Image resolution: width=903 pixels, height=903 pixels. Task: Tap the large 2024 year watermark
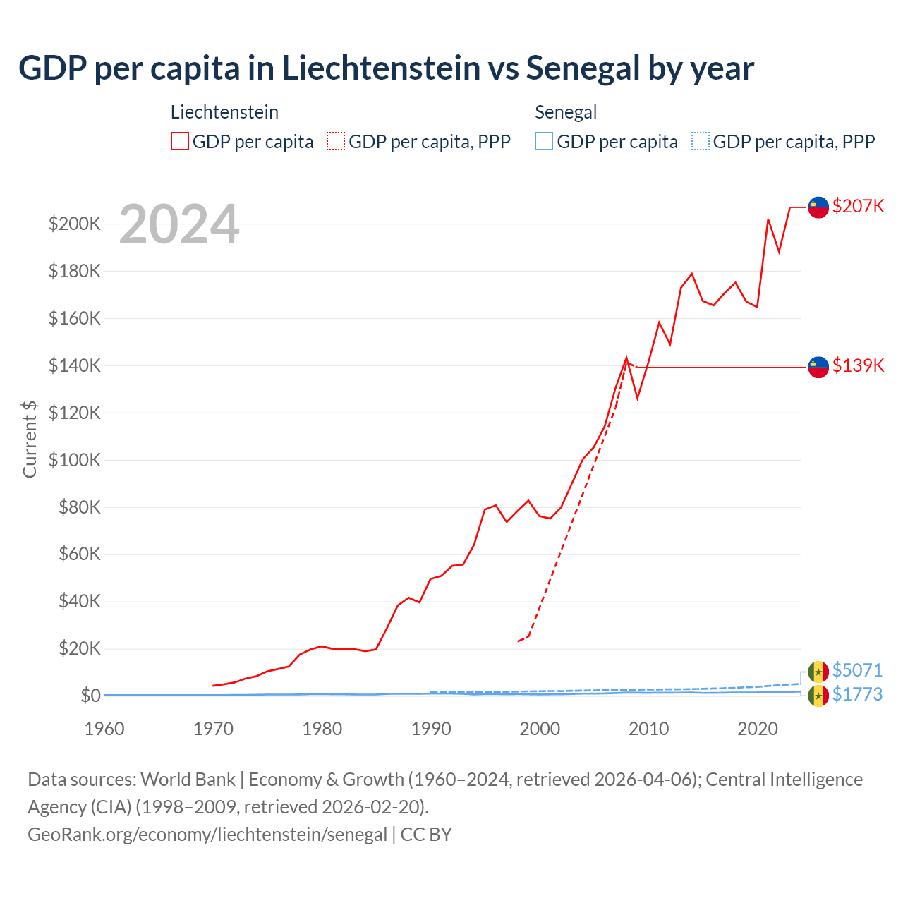[x=179, y=224]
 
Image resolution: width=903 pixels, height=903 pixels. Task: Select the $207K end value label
[x=858, y=206]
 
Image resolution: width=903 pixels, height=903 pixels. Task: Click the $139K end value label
[x=858, y=365]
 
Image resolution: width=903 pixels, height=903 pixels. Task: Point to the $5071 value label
[x=857, y=670]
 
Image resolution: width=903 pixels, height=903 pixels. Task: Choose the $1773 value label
[x=857, y=694]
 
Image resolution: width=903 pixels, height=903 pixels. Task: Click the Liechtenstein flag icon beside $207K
[x=818, y=207]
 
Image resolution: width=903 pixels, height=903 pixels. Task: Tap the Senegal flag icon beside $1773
[x=818, y=696]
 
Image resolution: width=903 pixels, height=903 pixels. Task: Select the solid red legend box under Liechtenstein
[x=180, y=142]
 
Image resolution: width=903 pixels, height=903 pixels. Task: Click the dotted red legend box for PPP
[x=337, y=142]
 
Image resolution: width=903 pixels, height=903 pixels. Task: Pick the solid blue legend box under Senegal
[x=544, y=142]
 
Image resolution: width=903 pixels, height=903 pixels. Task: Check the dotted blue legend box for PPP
[x=701, y=142]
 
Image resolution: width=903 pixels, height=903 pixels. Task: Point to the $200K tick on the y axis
[x=75, y=224]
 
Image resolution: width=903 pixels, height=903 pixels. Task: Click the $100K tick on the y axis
[x=75, y=460]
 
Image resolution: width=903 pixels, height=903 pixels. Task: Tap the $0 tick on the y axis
[x=90, y=696]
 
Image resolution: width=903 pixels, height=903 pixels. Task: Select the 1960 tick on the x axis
[x=104, y=729]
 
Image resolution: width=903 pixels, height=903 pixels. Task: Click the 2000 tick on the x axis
[x=540, y=729]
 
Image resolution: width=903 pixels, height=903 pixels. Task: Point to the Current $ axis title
[x=30, y=439]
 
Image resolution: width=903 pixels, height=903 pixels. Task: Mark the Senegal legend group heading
[x=566, y=112]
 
